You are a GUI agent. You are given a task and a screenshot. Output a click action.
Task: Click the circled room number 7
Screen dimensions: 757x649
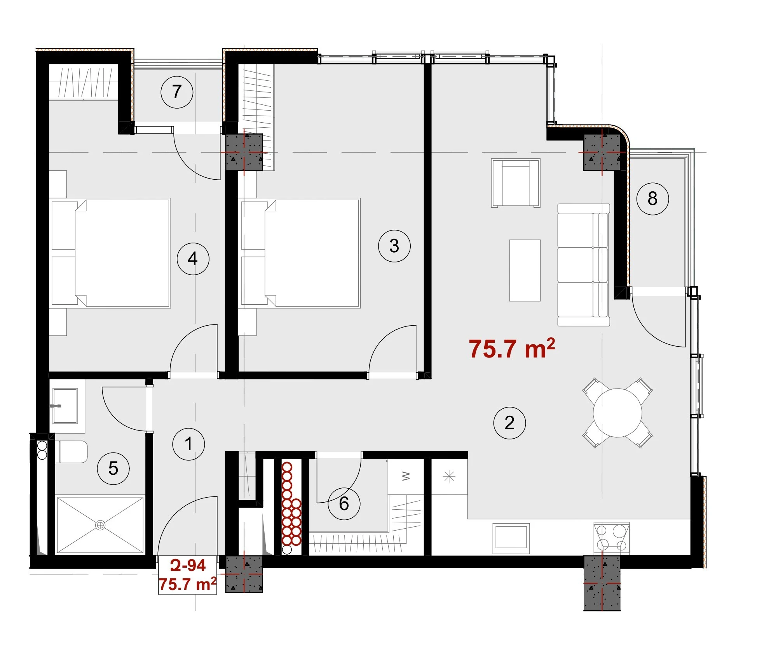[177, 92]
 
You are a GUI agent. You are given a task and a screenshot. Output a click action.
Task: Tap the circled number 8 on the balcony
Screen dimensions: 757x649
[652, 199]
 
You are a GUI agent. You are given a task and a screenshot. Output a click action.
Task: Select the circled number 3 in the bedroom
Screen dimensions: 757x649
[394, 246]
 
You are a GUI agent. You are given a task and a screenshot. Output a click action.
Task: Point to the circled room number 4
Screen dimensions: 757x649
[193, 259]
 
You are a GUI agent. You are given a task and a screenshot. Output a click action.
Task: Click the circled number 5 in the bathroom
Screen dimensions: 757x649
[113, 468]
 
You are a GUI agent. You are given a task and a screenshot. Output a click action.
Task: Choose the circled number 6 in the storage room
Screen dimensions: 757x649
[344, 504]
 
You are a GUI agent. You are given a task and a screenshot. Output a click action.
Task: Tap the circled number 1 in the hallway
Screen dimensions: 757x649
[188, 444]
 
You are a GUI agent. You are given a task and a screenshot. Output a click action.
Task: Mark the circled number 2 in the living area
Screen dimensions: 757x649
[509, 423]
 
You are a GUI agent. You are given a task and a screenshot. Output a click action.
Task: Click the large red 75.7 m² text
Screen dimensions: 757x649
[512, 348]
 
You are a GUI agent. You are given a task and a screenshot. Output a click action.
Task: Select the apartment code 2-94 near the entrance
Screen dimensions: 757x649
[188, 565]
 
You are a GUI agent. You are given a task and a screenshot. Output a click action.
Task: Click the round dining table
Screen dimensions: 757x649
[617, 413]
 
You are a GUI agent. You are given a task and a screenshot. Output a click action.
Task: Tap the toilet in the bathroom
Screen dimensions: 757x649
[73, 452]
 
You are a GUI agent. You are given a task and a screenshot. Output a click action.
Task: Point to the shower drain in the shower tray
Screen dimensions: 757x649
[100, 525]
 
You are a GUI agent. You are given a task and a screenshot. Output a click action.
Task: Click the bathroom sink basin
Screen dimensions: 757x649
[65, 406]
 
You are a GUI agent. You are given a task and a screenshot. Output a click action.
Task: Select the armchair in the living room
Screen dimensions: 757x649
[516, 183]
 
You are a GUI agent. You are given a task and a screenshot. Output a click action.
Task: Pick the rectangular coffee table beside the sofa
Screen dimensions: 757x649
[525, 270]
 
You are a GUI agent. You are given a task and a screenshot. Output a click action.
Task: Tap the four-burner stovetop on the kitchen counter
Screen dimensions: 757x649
[612, 538]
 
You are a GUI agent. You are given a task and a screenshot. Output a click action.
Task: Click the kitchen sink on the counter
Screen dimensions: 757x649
[511, 538]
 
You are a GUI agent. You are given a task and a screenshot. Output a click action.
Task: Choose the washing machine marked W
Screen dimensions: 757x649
[406, 476]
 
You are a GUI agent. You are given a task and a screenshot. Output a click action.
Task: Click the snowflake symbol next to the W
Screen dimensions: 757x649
[449, 476]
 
